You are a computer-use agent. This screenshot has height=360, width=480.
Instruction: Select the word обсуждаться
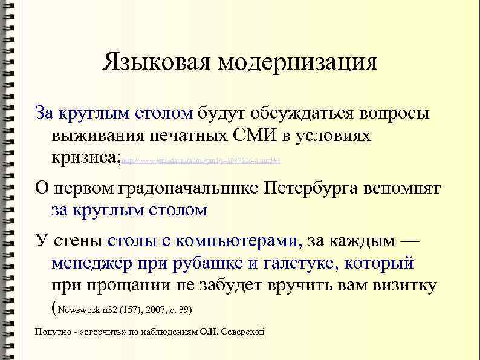tap(300, 113)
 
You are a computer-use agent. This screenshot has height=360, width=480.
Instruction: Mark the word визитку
tap(404, 286)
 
